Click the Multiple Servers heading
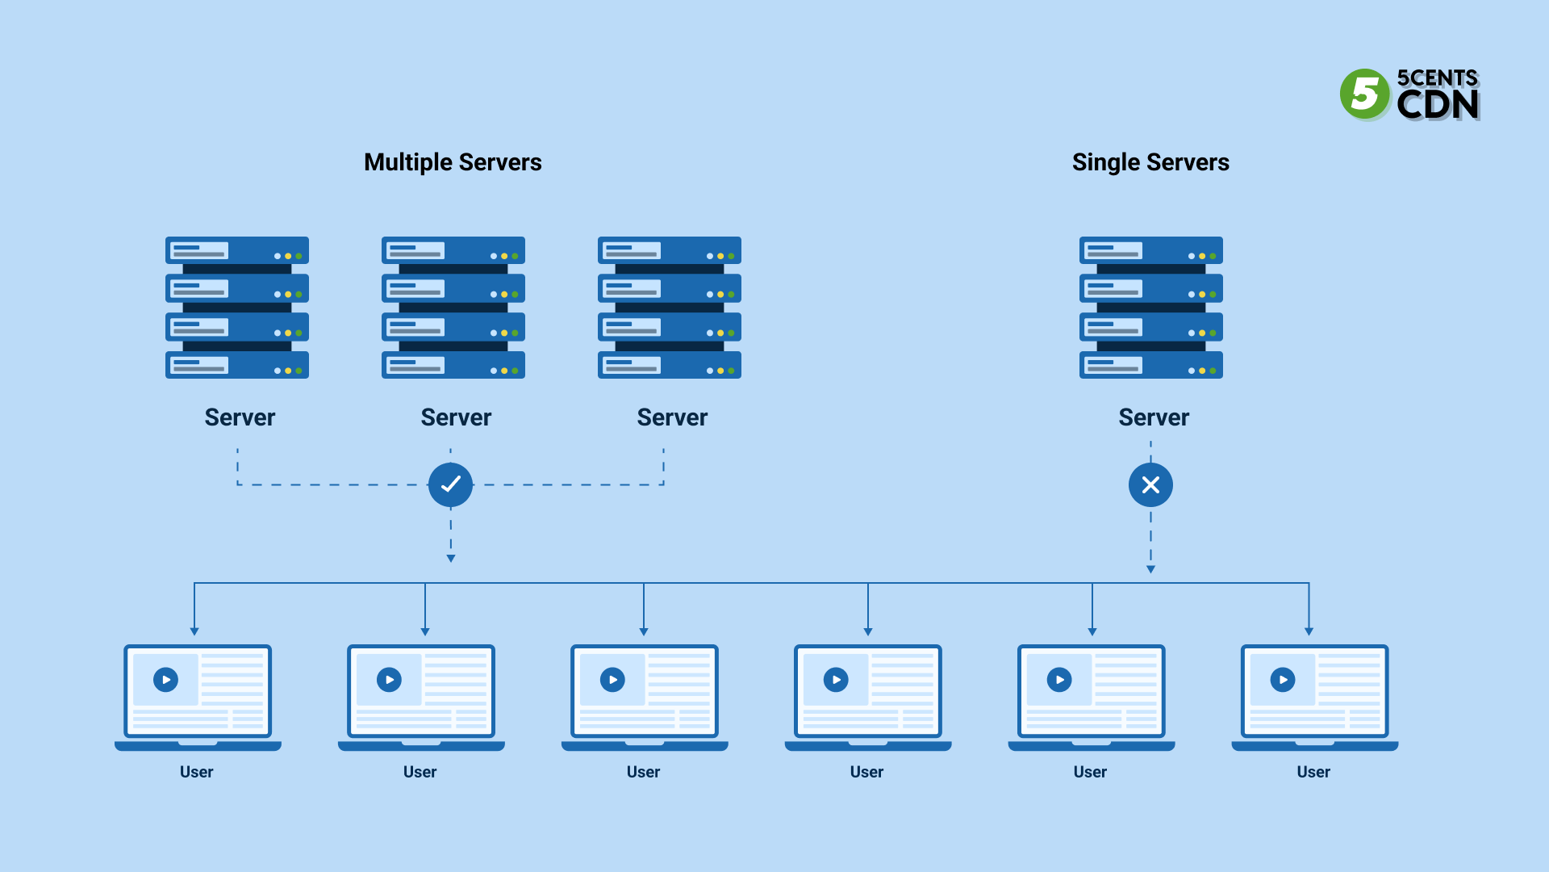tap(453, 162)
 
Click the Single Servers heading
tap(1150, 162)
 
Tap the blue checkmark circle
tap(450, 484)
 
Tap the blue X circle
tap(1150, 484)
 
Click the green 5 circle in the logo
tap(1364, 94)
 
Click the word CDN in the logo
tap(1438, 104)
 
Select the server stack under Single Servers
tap(1150, 308)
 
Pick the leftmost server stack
tap(237, 308)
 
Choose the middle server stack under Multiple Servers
tap(453, 308)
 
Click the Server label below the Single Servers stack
tap(1154, 417)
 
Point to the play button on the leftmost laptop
tap(165, 680)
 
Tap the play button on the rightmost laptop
tap(1282, 680)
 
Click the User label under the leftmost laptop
tap(196, 772)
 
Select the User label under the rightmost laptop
tap(1313, 772)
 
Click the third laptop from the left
tap(645, 694)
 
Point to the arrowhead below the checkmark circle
tap(451, 558)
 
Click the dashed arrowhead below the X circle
tap(1150, 569)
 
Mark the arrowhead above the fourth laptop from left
tap(868, 631)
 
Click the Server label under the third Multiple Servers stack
tap(672, 417)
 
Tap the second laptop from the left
tap(421, 694)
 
